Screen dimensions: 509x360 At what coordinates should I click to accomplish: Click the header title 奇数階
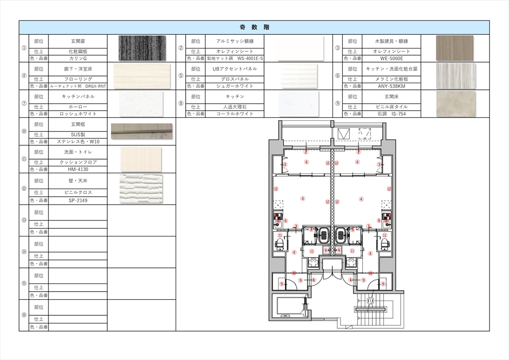coord(254,27)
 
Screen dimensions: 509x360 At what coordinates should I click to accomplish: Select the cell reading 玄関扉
coord(78,41)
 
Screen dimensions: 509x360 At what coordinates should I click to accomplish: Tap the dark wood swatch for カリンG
coord(142,48)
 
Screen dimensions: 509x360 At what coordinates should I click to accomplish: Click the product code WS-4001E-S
coord(250,58)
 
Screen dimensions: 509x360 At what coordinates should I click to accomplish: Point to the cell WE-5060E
coord(392,58)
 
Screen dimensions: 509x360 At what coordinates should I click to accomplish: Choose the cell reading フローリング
coord(78,79)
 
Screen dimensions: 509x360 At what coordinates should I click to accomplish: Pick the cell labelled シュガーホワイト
coord(235,86)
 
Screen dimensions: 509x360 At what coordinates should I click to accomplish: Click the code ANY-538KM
coord(392,86)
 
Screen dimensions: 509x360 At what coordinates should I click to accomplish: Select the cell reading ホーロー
coord(78,107)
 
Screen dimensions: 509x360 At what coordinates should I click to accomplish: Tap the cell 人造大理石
coord(235,107)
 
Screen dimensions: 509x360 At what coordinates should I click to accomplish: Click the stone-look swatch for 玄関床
coord(456,104)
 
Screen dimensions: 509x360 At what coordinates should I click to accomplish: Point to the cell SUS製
coord(78,134)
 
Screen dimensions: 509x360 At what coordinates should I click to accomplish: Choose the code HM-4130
coord(78,169)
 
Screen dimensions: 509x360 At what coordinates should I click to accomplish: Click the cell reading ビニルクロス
coord(78,192)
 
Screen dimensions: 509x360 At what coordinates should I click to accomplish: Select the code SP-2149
coord(78,200)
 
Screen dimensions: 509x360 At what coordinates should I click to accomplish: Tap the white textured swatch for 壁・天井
coord(141,189)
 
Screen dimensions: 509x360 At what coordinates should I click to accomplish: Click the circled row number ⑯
coord(24,315)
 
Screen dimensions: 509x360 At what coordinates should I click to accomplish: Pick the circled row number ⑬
coord(24,220)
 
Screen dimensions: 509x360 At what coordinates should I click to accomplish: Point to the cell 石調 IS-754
coord(392,114)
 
